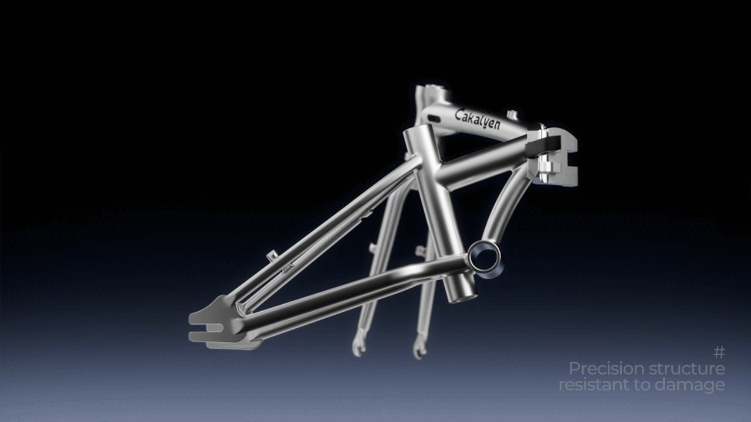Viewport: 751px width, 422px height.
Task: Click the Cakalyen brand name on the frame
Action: [478, 120]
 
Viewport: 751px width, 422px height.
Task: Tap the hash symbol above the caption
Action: [719, 352]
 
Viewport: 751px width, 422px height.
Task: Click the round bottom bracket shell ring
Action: [485, 257]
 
